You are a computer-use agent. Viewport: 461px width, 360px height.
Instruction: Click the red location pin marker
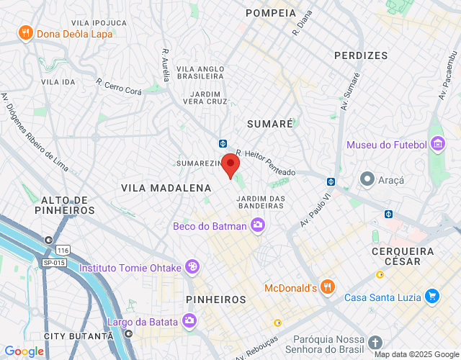[230, 165]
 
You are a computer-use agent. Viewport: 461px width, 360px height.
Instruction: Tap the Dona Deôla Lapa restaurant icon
[26, 32]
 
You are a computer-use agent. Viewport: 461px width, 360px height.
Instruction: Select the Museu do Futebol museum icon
[437, 145]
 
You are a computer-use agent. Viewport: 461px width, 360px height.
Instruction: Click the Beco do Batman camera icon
[258, 226]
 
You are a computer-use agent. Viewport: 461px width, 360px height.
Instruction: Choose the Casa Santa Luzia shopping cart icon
[431, 296]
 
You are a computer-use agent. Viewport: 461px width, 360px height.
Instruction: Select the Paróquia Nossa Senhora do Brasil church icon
[375, 343]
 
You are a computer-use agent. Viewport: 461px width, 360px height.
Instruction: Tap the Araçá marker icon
[367, 178]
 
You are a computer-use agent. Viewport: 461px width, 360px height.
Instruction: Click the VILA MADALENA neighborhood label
[166, 188]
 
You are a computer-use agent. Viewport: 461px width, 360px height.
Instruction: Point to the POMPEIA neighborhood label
[271, 13]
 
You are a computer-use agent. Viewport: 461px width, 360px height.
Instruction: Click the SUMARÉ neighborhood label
[270, 124]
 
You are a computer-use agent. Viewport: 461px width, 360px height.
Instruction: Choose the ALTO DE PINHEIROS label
[64, 205]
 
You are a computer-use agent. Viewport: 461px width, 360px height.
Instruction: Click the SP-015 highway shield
[53, 263]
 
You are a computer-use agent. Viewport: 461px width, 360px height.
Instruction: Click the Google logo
[23, 351]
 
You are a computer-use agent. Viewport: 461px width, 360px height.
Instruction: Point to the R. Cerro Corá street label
[119, 82]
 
